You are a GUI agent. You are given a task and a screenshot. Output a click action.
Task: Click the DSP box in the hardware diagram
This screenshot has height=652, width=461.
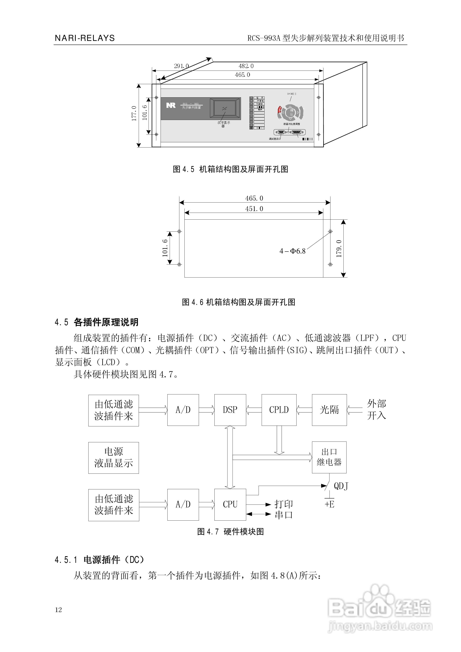(x=230, y=410)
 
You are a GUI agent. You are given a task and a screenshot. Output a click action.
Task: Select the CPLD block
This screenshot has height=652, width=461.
(x=279, y=410)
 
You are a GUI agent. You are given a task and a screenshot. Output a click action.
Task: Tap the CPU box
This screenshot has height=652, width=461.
(x=230, y=504)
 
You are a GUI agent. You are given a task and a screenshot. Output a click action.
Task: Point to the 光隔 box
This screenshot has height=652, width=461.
(x=329, y=410)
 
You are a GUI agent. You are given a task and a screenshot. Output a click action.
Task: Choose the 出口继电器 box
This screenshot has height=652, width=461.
(x=329, y=457)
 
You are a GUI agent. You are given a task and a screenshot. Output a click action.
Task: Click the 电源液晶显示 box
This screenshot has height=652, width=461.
(x=114, y=457)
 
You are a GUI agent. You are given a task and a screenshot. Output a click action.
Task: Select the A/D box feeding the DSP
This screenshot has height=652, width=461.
(x=183, y=410)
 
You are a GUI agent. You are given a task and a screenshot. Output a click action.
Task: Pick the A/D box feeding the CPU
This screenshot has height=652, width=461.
(x=183, y=504)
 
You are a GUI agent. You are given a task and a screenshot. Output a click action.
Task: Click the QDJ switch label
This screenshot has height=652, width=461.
(x=341, y=486)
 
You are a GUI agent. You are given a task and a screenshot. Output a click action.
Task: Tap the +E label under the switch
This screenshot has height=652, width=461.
(x=329, y=504)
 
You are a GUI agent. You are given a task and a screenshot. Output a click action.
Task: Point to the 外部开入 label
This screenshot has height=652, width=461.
(x=376, y=410)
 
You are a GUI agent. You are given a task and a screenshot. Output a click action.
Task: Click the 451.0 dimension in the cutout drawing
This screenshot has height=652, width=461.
(x=254, y=209)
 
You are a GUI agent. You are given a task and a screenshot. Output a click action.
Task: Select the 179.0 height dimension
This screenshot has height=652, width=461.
(x=339, y=248)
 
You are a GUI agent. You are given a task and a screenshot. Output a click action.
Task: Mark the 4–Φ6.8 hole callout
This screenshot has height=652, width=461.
(x=292, y=251)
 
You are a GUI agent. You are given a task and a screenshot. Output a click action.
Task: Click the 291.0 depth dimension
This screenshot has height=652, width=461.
(x=181, y=66)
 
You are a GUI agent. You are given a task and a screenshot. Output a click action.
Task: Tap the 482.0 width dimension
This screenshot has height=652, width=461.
(x=246, y=66)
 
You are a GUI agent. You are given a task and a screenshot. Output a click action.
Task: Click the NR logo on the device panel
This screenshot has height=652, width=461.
(x=171, y=105)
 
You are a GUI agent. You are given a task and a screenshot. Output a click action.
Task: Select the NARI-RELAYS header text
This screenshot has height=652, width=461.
(x=85, y=38)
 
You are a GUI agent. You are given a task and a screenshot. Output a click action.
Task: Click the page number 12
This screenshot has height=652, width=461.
(x=58, y=610)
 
